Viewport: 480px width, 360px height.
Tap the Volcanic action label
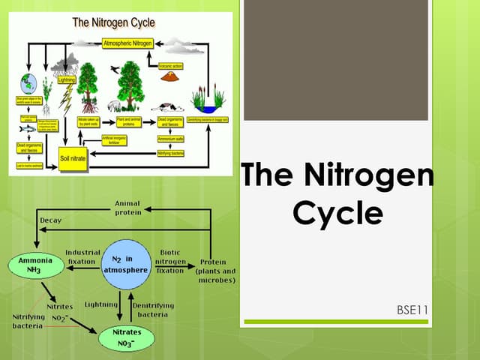click(x=170, y=66)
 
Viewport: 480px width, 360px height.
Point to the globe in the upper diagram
click(x=28, y=82)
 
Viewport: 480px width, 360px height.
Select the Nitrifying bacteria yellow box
click(x=170, y=154)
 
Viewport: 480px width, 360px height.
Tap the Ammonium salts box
click(x=170, y=139)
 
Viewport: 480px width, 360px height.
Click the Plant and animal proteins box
click(x=128, y=121)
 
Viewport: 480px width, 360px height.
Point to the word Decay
click(x=50, y=220)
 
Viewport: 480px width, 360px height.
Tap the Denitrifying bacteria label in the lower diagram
click(x=153, y=310)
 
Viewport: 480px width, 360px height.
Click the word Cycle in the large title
click(x=337, y=213)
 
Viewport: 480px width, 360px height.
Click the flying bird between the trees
click(x=114, y=69)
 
